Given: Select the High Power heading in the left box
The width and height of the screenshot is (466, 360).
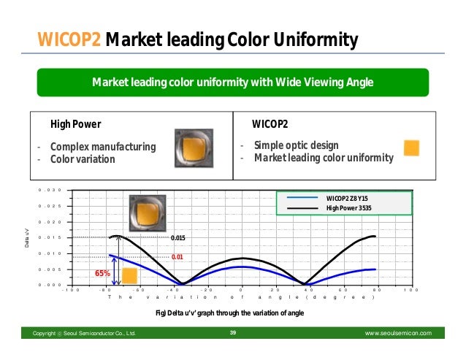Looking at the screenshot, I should (75, 123).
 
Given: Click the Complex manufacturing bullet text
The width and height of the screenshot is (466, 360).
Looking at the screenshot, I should (102, 147).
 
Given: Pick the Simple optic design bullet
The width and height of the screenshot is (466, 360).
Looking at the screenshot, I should (299, 145).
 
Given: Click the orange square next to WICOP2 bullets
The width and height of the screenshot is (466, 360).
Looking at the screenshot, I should (411, 148).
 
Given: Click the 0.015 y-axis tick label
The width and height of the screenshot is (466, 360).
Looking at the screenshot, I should (50, 237).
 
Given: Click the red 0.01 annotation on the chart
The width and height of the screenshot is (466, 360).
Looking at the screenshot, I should (177, 257).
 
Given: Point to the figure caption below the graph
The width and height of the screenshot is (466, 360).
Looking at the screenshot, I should (230, 313).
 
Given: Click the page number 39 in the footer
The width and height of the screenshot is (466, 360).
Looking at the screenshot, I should (233, 333).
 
